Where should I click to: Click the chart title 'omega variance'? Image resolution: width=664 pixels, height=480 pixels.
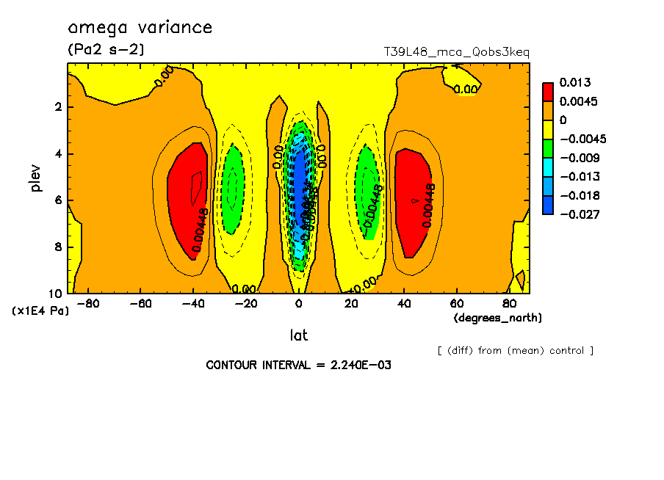pos(140,28)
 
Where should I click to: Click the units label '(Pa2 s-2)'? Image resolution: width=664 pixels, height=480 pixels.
pos(106,50)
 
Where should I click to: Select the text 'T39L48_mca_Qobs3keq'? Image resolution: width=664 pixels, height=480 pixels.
pos(456,52)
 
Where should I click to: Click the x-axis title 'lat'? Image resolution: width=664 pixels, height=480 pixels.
pos(297,335)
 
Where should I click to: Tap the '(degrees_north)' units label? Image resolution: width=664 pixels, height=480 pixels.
pos(498,318)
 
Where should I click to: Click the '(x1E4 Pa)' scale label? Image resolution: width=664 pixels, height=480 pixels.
pos(40,310)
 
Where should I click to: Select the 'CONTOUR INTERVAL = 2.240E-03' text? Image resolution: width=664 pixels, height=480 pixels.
pos(298,365)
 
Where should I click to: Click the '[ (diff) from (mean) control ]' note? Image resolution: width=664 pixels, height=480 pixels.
pos(515,350)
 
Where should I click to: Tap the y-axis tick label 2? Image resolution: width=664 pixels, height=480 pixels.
pos(57,107)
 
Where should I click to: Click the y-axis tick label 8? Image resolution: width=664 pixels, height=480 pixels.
pos(57,247)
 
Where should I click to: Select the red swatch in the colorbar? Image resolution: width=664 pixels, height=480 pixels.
pos(548,92)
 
